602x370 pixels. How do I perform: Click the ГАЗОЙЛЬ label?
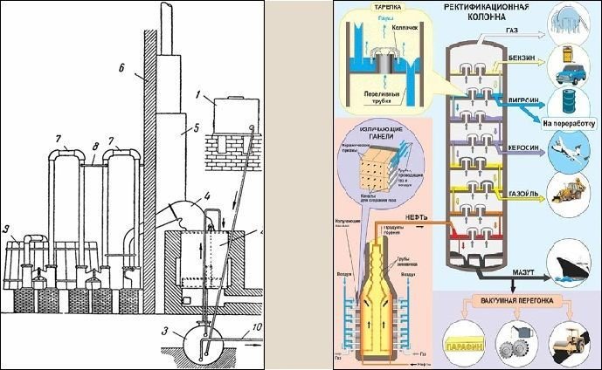(522, 186)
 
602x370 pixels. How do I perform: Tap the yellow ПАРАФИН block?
(465, 343)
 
